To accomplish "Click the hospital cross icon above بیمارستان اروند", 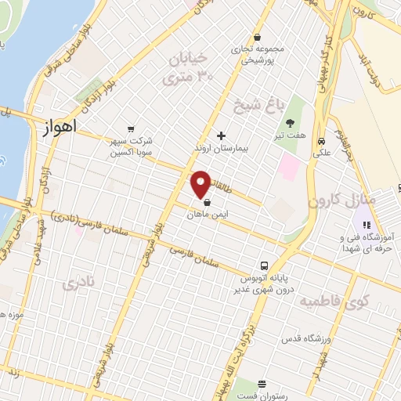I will coord(222,135).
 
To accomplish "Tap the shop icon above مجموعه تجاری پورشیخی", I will coord(258,37).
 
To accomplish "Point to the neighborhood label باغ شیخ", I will coord(255,103).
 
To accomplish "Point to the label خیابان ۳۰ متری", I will coord(187,67).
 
